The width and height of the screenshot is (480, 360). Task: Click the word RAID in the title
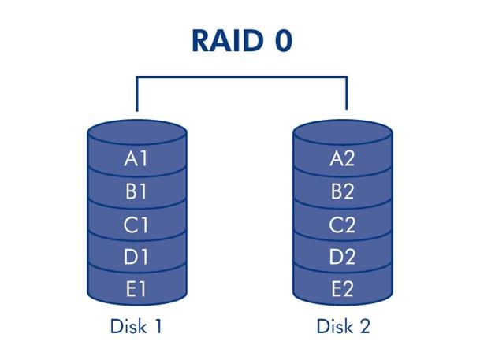click(228, 41)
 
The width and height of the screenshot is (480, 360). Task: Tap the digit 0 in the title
click(283, 41)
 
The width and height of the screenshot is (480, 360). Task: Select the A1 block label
click(136, 158)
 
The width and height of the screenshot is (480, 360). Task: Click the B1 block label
click(136, 191)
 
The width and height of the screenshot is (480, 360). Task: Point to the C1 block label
click(136, 225)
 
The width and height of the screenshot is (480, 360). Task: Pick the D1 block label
click(136, 257)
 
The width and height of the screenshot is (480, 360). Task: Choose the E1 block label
click(136, 289)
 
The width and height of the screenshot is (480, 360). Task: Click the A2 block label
click(342, 158)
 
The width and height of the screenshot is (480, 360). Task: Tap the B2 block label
click(342, 191)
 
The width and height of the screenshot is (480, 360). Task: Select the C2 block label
click(342, 225)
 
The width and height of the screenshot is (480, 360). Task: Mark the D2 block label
click(342, 257)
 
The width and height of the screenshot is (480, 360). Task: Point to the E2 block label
click(342, 289)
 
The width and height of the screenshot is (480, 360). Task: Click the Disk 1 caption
click(136, 326)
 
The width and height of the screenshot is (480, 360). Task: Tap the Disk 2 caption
click(343, 326)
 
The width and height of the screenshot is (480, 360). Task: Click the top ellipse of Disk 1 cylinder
click(137, 133)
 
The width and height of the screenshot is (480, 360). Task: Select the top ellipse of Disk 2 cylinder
click(343, 133)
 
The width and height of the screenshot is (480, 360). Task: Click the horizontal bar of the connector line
click(242, 77)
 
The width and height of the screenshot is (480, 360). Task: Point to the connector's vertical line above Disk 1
click(137, 94)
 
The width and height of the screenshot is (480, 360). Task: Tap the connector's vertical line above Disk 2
click(347, 93)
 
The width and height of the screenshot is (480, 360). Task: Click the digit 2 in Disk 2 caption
click(363, 326)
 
